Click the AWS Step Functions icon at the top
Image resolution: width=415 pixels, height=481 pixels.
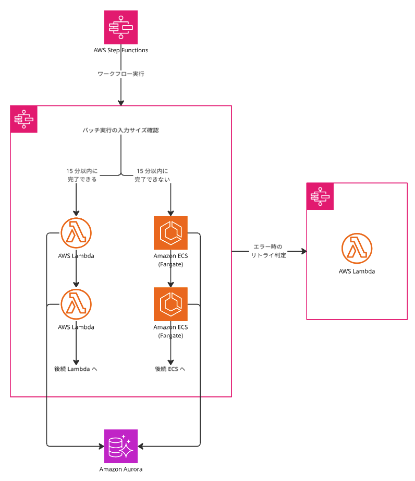tap(121, 27)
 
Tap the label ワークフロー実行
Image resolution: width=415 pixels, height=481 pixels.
tap(121, 74)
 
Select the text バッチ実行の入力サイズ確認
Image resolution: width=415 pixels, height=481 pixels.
tap(120, 130)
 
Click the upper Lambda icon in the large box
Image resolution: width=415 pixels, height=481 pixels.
tap(76, 232)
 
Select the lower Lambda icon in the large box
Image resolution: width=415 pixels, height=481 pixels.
tap(76, 304)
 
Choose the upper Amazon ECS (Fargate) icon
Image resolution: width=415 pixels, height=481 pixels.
tap(170, 233)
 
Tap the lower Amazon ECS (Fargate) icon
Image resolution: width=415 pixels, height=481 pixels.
tap(170, 304)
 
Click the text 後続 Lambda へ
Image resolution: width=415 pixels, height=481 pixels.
tap(76, 369)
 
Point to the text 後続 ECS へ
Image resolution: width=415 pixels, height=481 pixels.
tap(170, 369)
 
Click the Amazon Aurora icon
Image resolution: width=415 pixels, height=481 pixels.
tap(121, 446)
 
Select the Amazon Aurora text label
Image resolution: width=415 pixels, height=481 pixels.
tap(121, 469)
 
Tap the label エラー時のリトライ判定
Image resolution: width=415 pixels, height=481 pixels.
tap(268, 251)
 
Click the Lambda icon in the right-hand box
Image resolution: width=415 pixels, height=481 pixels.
tap(357, 248)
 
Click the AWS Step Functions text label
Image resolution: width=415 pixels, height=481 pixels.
tap(121, 51)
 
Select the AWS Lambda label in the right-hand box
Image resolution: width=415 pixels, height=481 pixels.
tap(357, 272)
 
